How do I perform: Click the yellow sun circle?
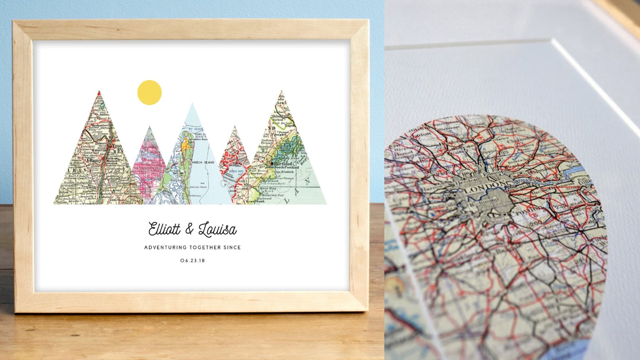pos(149,92)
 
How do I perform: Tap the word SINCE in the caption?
pos(232,247)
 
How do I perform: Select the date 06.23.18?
pos(192,261)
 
